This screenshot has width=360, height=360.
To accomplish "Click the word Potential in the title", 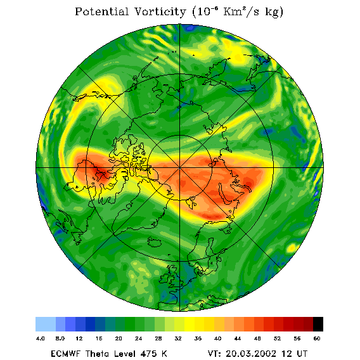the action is point(101,11).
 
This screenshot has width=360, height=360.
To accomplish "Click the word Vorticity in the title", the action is point(160,11).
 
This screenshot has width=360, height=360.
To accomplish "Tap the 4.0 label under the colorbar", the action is point(40,338).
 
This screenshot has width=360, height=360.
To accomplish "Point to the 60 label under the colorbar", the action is point(317,338).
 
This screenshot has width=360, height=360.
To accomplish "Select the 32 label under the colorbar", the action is point(178,338).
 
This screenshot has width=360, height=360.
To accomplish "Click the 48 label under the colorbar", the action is point(257,338).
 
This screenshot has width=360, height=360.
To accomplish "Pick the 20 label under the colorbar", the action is point(119,338).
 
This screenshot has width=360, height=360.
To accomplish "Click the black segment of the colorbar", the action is point(318,324).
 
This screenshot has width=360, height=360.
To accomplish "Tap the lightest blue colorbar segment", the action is point(46,324).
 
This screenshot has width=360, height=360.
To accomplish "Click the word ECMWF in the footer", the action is point(65,354).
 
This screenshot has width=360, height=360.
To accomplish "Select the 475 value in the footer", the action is point(148,354).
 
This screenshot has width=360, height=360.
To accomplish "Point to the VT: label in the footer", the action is point(214,354).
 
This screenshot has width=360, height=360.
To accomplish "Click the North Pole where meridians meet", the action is point(179,168).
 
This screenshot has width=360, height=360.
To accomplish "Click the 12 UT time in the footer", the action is point(295,354).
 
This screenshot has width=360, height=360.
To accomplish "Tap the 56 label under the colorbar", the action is point(297,338).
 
